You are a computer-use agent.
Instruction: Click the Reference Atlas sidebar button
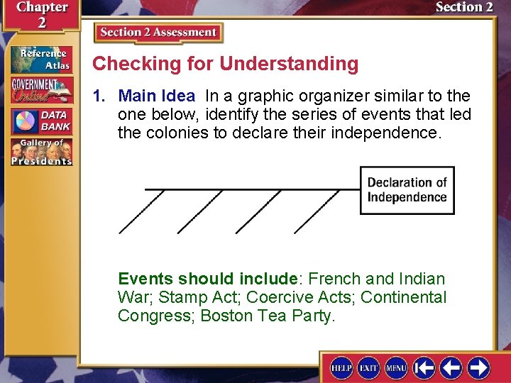pos(40,60)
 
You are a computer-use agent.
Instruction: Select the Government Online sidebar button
pos(40,90)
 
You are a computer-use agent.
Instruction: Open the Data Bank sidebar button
pos(40,121)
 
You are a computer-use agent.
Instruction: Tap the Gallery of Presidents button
pos(40,152)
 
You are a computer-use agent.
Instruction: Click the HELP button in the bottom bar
pos(341,367)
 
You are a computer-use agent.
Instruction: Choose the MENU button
pos(395,367)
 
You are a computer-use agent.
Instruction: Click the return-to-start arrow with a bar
pos(424,367)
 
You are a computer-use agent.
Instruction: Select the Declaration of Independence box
pos(407,190)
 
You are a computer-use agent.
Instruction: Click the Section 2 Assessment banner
pos(158,33)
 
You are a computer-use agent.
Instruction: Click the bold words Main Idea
pos(156,96)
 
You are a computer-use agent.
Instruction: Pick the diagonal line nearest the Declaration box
pos(317,211)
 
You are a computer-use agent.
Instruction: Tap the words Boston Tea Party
pos(267,316)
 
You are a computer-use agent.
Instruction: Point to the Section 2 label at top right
pos(464,8)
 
